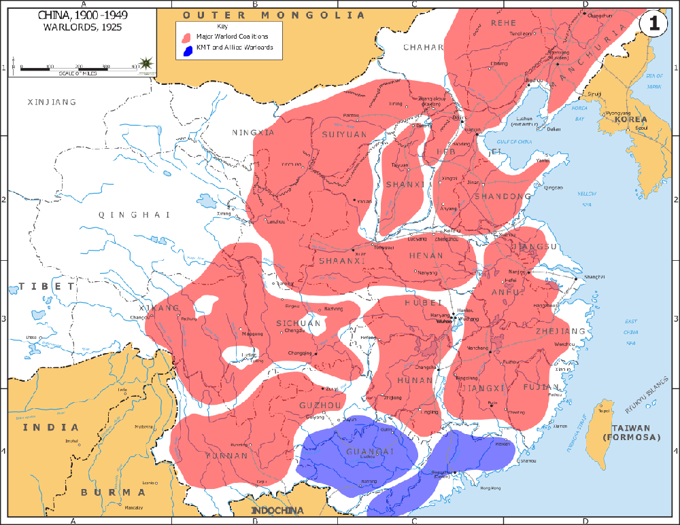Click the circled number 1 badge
coord(653,23)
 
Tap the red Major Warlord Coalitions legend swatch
coord(185,35)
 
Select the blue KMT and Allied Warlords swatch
coord(185,49)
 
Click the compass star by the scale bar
coord(146,64)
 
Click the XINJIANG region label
coord(52,102)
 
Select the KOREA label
coord(630,119)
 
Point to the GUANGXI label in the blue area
coord(370,452)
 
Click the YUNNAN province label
coord(227,456)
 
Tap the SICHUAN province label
coord(299,323)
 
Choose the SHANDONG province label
coord(503,196)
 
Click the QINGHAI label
coord(133,215)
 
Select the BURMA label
coord(114,492)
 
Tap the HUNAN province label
coord(415,381)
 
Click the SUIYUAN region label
coord(345,134)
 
